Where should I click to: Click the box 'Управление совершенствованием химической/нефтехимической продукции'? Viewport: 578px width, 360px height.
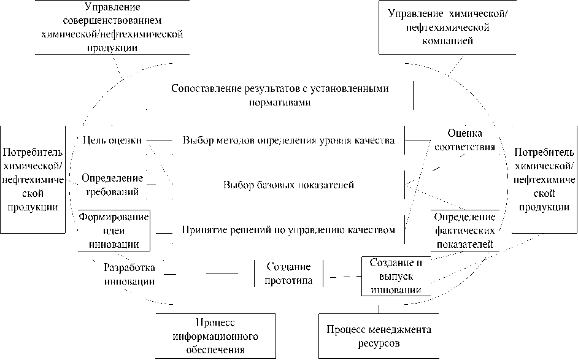[111, 28]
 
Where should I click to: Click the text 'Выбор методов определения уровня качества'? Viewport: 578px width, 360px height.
[288, 140]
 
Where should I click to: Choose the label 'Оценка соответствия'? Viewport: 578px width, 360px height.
[464, 140]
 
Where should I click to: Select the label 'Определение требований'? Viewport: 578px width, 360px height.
[112, 185]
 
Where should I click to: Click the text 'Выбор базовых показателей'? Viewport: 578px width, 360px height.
[288, 185]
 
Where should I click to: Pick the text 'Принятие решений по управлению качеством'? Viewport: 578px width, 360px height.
[288, 231]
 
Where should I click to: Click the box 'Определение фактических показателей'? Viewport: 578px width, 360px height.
[464, 231]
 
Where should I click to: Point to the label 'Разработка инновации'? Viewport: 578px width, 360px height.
[129, 274]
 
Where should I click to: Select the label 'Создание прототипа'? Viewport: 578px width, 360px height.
[288, 274]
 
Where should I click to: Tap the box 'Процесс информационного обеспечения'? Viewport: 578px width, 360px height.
[217, 337]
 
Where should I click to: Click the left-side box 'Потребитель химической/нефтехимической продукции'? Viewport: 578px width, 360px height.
[33, 179]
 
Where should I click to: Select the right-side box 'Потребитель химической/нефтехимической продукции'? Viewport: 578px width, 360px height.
[544, 179]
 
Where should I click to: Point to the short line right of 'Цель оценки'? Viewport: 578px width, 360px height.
[159, 140]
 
